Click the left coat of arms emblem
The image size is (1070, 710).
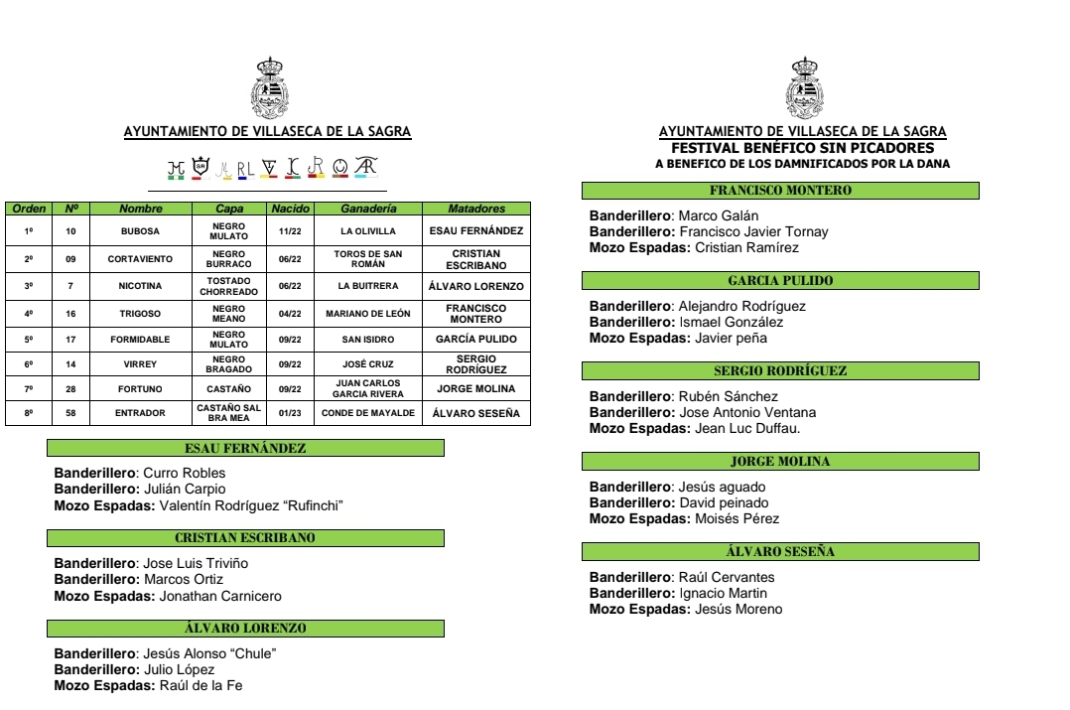(267, 88)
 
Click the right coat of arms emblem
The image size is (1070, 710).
(804, 88)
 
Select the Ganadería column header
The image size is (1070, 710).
(369, 209)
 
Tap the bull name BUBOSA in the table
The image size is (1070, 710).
(140, 230)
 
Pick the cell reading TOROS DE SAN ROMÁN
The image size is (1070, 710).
(369, 259)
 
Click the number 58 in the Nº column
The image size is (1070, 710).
(70, 413)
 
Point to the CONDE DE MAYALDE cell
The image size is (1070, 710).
(369, 413)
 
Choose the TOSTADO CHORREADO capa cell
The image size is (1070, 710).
(229, 286)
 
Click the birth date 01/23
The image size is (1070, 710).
(290, 413)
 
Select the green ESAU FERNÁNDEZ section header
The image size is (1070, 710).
(245, 449)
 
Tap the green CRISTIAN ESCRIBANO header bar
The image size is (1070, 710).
(245, 538)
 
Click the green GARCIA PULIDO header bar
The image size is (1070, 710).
(780, 281)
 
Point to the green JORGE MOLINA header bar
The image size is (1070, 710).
(780, 462)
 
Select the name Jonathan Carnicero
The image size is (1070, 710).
(220, 597)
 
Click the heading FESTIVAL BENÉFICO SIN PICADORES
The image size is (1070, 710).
(802, 148)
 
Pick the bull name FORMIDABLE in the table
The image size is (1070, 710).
(140, 338)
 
